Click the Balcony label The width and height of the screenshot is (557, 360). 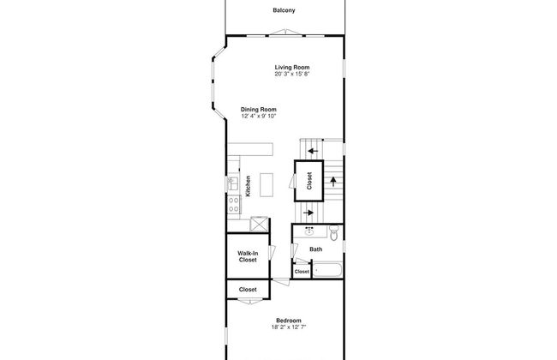284,10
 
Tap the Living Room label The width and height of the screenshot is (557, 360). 292,67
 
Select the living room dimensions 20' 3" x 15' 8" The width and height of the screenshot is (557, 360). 292,74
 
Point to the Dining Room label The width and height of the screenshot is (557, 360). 259,110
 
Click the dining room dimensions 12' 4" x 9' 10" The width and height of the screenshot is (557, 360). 259,116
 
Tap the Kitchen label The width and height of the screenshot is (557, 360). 248,186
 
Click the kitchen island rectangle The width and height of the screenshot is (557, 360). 267,185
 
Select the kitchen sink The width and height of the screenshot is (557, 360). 233,183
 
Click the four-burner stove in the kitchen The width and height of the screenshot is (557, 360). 234,204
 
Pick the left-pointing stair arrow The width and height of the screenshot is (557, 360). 313,151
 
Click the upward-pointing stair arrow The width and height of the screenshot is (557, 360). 333,182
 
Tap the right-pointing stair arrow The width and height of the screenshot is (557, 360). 308,213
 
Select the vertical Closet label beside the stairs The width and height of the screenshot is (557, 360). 309,181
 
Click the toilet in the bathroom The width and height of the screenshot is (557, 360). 334,232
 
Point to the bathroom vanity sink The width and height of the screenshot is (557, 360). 309,232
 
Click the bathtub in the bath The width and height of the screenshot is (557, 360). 327,270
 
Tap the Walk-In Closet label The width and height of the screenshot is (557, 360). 248,256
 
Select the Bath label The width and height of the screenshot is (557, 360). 316,249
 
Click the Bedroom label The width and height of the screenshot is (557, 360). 289,321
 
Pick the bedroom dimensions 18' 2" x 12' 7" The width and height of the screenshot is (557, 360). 289,327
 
